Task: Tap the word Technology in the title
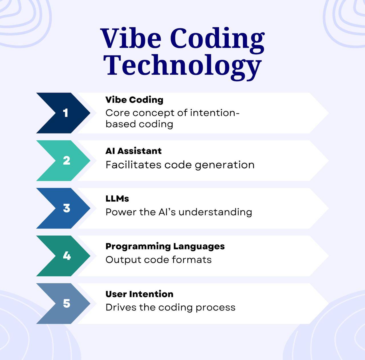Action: [182, 67]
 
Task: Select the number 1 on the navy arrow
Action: [66, 113]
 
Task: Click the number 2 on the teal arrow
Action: [66, 161]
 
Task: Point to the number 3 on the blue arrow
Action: [66, 208]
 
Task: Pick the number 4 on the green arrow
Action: [67, 256]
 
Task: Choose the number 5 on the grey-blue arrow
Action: [66, 304]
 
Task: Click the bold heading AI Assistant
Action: [133, 151]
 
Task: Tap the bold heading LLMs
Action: [117, 199]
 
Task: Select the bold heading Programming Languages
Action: [165, 247]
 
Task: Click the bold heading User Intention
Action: [139, 294]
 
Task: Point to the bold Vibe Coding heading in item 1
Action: [134, 100]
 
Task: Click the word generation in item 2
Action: [225, 165]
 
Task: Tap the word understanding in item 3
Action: [215, 212]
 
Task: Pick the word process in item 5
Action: [216, 308]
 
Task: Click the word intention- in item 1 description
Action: [215, 113]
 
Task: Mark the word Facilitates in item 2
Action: [133, 165]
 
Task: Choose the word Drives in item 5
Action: [121, 307]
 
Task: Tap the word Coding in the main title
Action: [217, 41]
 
